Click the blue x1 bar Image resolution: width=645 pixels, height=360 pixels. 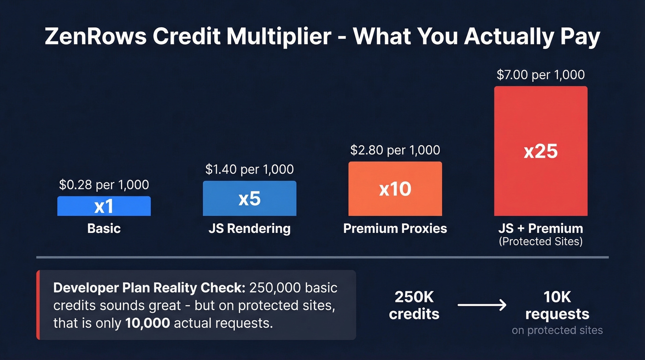point(104,206)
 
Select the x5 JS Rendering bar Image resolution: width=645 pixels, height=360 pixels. point(249,198)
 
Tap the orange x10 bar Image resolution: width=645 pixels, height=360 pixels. point(395,189)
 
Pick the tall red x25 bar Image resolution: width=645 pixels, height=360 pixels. point(540,151)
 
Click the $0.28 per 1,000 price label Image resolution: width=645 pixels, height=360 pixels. point(104,185)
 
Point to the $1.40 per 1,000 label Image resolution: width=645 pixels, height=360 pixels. point(249,169)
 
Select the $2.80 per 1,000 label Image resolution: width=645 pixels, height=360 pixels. point(395,150)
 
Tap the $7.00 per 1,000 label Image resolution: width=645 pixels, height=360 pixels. point(540,75)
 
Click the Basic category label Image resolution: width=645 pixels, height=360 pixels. point(104,228)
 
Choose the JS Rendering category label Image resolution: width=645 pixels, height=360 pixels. point(249,228)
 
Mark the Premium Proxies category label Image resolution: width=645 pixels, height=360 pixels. point(395,228)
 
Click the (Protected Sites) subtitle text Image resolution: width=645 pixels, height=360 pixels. point(540,241)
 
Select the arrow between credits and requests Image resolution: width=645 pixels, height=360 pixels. point(482,305)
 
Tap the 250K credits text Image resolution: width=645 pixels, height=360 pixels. point(414,305)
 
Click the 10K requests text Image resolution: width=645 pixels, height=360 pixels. point(557,305)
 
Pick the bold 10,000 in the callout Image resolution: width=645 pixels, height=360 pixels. point(147,323)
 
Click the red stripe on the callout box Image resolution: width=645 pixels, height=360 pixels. point(38,305)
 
